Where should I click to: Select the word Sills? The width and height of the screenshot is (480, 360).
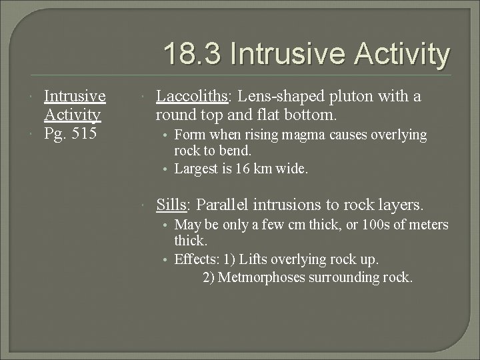(x=170, y=204)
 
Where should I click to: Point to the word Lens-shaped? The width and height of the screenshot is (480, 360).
(x=263, y=97)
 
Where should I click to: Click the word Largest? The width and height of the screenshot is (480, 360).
(x=197, y=169)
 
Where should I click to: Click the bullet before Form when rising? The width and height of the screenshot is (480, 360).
(x=165, y=135)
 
